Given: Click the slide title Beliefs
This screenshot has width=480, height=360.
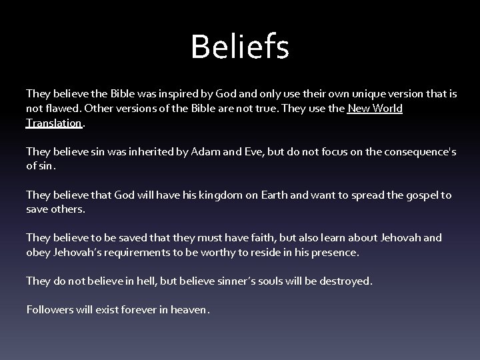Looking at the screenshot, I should [x=239, y=47].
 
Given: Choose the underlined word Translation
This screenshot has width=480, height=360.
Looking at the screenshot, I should [x=54, y=123].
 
